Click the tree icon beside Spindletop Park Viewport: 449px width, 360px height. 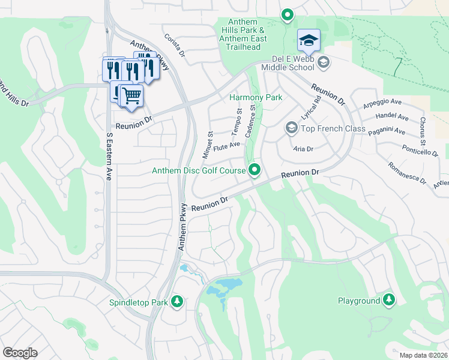point(176,301)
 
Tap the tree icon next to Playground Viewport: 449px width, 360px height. point(389,299)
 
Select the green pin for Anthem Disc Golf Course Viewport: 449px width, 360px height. point(255,171)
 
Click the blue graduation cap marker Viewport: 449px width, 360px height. point(309,40)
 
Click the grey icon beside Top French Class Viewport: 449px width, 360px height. point(291,128)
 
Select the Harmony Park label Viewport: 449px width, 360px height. point(256,97)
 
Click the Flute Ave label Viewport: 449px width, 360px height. point(226,144)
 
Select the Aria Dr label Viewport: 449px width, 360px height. point(304,148)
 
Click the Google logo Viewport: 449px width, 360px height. point(20,353)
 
